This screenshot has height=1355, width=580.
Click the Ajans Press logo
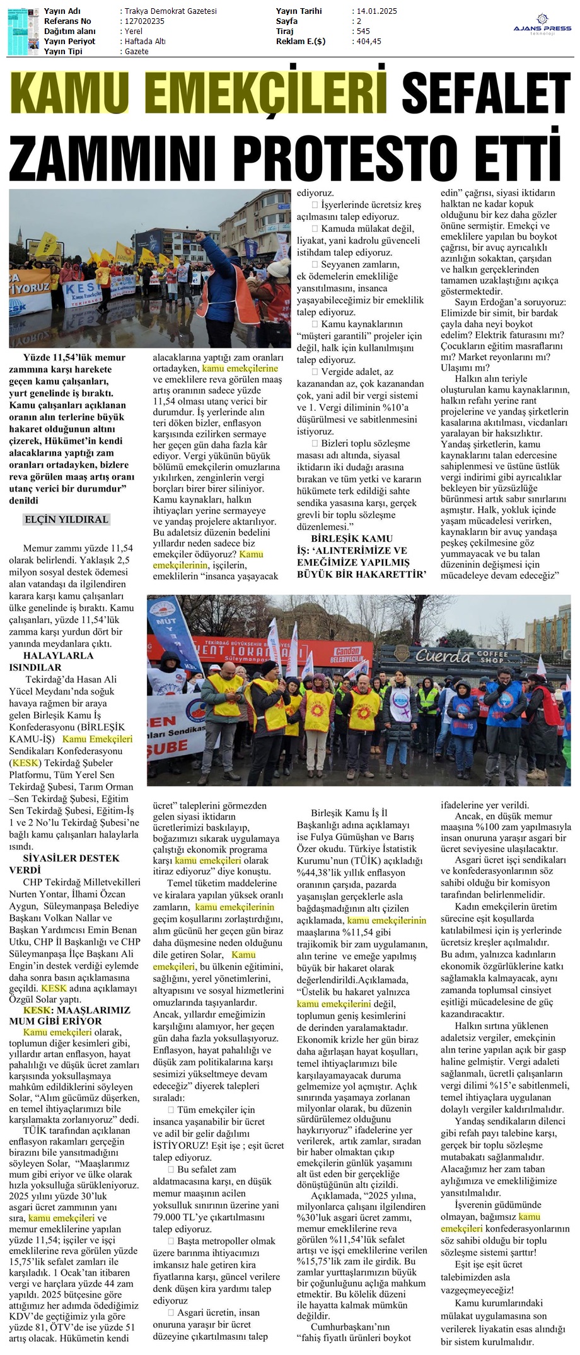542,25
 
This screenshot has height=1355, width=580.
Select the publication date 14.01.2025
377,11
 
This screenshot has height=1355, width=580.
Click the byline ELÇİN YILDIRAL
66,519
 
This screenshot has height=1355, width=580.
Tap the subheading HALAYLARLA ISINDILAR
50,661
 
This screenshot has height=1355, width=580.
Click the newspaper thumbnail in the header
23,31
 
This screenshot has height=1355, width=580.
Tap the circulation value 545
363,32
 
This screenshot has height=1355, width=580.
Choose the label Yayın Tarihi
299,11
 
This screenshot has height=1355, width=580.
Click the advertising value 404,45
369,42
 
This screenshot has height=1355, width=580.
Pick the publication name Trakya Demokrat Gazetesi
170,11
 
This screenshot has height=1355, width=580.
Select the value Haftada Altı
145,42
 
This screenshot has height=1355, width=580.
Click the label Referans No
67,21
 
